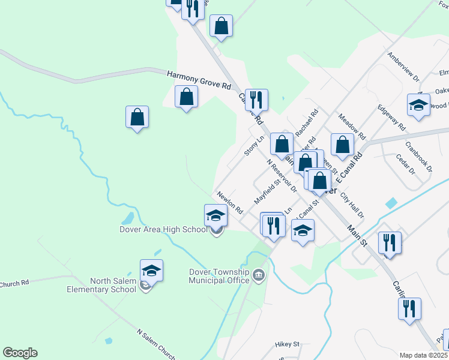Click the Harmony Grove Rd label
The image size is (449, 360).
(199, 79)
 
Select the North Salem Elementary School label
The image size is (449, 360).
(113, 285)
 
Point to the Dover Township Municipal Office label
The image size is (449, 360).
(219, 275)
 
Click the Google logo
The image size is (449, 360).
(20, 353)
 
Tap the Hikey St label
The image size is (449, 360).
(287, 344)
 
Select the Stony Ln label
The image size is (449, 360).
(254, 146)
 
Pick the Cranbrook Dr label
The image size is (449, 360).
(418, 157)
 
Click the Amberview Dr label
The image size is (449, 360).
(403, 66)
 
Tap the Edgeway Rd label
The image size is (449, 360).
(391, 119)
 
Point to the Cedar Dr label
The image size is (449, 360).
(406, 163)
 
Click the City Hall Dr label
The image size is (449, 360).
(352, 205)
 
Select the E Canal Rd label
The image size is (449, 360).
(350, 167)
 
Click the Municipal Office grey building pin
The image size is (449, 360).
(259, 276)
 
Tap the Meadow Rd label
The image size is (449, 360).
(352, 126)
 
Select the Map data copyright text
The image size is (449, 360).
(423, 355)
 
